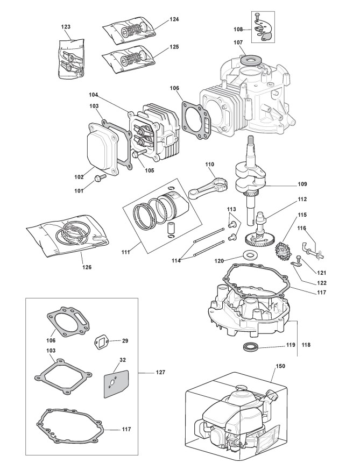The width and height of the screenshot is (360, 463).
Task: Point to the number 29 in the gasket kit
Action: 125,341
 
